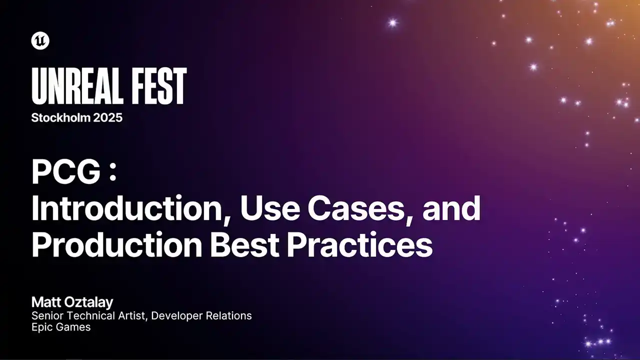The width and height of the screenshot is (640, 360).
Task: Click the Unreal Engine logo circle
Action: coord(40,41)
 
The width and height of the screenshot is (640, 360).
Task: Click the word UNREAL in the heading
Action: coord(77,86)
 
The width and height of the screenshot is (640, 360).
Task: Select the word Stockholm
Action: coord(60,117)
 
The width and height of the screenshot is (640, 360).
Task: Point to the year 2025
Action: coord(107,117)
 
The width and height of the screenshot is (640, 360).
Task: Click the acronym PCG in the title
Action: coord(66,171)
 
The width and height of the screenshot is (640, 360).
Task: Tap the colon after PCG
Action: coord(113,173)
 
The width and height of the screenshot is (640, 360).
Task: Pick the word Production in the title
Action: coord(116,244)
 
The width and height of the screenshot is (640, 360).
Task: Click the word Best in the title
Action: coord(244,244)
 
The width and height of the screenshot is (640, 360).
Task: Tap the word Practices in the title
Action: coord(359,244)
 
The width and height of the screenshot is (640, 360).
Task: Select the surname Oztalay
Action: coord(88,302)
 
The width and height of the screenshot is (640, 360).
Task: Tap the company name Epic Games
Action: coord(61,327)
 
